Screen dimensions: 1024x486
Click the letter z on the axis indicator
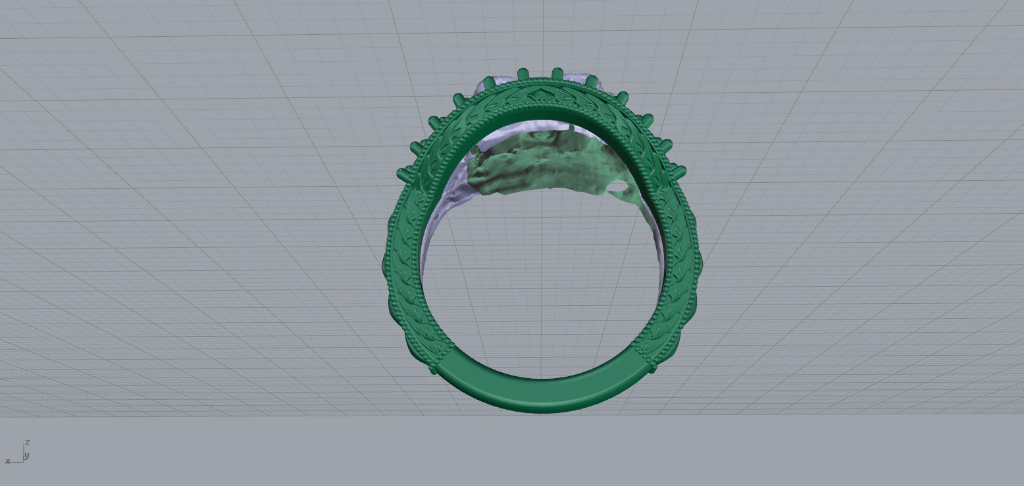(28, 442)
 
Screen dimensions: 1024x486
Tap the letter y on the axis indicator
(27, 455)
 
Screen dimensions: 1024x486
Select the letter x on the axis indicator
(7, 461)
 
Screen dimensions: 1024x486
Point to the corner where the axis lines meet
(23, 462)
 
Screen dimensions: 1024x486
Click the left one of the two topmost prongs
(523, 74)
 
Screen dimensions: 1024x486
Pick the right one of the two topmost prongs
(557, 74)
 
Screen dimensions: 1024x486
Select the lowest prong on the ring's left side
(403, 174)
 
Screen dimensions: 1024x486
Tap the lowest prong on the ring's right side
(679, 173)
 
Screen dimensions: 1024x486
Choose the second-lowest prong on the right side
(665, 145)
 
